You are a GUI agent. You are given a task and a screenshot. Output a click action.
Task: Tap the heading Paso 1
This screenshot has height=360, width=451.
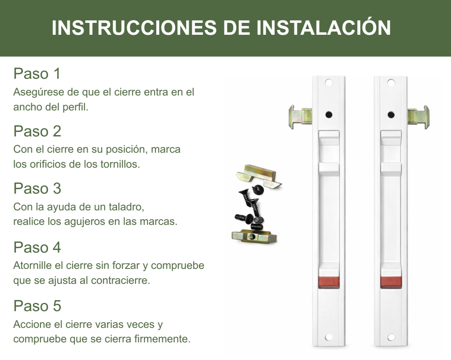(x=37, y=73)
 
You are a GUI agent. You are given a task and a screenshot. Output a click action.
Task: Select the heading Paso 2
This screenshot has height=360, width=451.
(x=37, y=131)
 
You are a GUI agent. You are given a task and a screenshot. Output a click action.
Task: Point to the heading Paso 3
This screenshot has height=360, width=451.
(x=37, y=188)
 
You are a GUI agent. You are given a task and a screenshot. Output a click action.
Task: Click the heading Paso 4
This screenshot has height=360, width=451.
(x=37, y=247)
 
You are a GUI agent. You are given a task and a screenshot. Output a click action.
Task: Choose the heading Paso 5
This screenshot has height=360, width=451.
(x=37, y=305)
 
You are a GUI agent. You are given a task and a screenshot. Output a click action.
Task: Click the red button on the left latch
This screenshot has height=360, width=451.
(x=329, y=282)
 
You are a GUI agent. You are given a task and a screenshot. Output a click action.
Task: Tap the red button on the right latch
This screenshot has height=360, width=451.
(x=391, y=282)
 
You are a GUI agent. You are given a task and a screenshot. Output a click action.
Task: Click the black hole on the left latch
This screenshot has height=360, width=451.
(x=329, y=115)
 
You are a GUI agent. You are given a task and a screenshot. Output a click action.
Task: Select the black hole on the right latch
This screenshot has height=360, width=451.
(x=391, y=115)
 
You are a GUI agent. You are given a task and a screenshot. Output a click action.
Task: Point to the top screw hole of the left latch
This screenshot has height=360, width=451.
(x=329, y=83)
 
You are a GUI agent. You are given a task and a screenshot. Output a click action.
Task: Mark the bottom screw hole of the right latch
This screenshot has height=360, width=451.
(x=391, y=337)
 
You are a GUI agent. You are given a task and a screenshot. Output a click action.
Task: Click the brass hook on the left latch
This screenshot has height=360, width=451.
(x=300, y=117)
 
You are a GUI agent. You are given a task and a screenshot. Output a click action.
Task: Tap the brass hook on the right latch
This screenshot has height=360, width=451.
(x=418, y=117)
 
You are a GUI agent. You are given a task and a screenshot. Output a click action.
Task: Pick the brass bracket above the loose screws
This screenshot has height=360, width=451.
(x=259, y=176)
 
